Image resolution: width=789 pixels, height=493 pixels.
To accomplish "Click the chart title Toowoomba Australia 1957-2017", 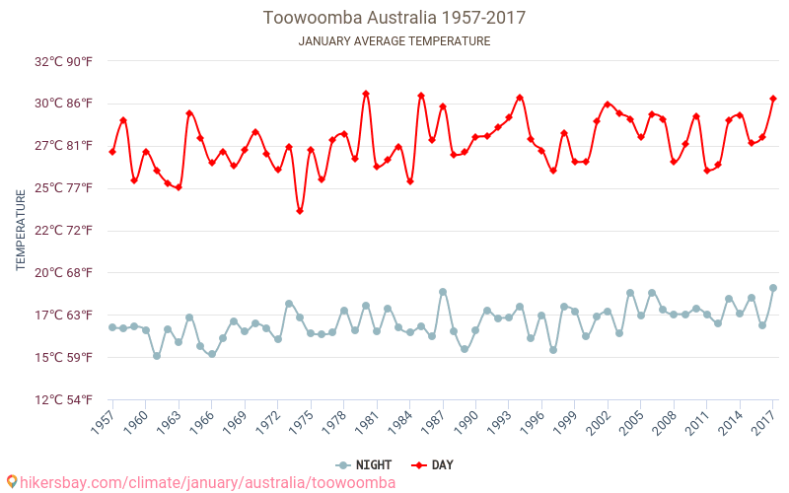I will pos(394,18).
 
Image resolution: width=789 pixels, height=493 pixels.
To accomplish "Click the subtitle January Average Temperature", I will pos(394,41).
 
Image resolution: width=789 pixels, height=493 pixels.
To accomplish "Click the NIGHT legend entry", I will pos(364,465).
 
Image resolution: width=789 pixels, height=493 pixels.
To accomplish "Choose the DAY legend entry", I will pos(433,465).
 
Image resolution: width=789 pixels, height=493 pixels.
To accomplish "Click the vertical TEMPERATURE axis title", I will pos(21,231).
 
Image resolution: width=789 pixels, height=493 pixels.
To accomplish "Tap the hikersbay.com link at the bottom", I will pos(202,483).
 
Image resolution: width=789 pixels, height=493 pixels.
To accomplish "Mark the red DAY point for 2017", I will pos(773,99).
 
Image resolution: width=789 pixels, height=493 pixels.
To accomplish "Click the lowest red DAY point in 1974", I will pos(300,211).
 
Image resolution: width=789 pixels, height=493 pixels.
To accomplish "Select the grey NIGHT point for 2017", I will pos(773,288).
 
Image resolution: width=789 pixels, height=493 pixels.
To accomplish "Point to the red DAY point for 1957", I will pos(112,152).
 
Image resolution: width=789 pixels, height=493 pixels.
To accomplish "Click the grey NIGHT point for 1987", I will pos(443,292).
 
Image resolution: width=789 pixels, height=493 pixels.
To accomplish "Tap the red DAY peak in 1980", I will pos(366,94).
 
